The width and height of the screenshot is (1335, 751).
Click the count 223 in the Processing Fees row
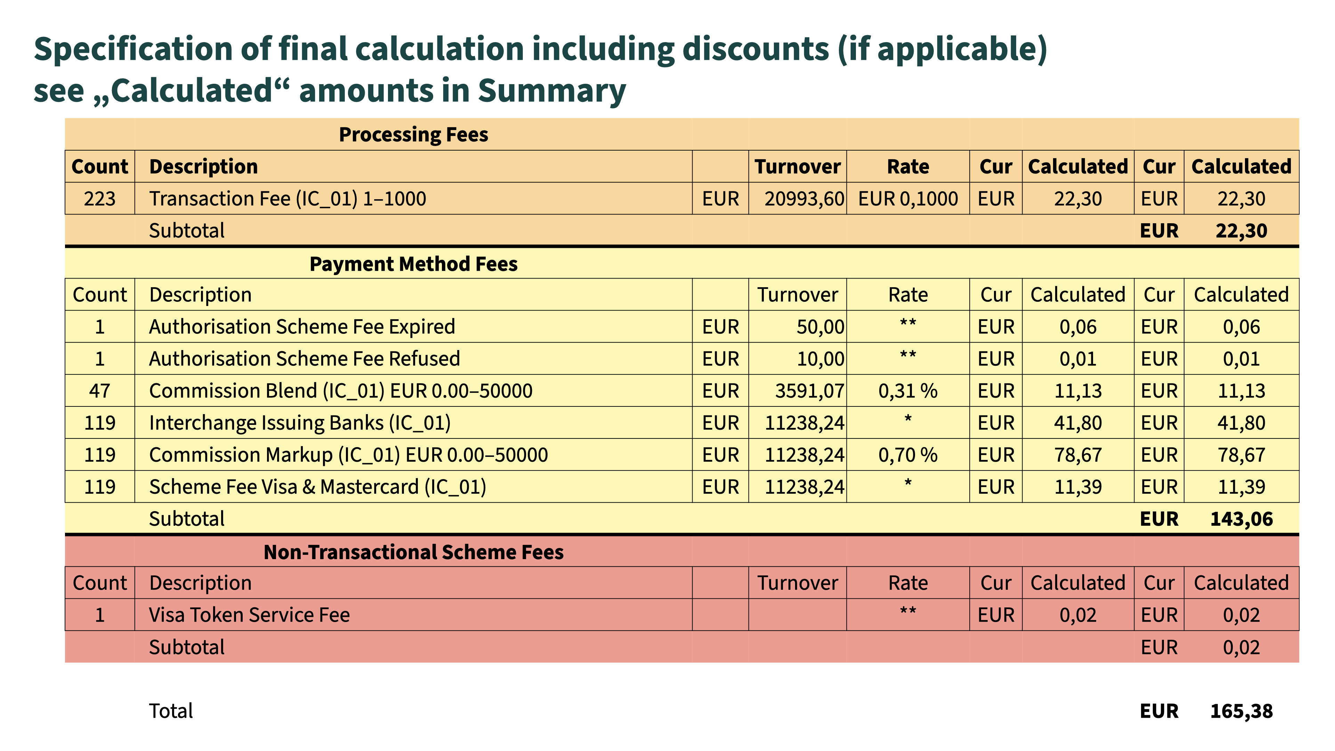99,199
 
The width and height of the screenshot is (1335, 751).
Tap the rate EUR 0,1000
908,199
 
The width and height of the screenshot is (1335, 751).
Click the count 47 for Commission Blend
99,391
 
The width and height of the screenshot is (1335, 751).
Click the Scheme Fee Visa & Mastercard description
317,487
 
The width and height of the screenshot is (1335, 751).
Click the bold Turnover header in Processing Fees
797,167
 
